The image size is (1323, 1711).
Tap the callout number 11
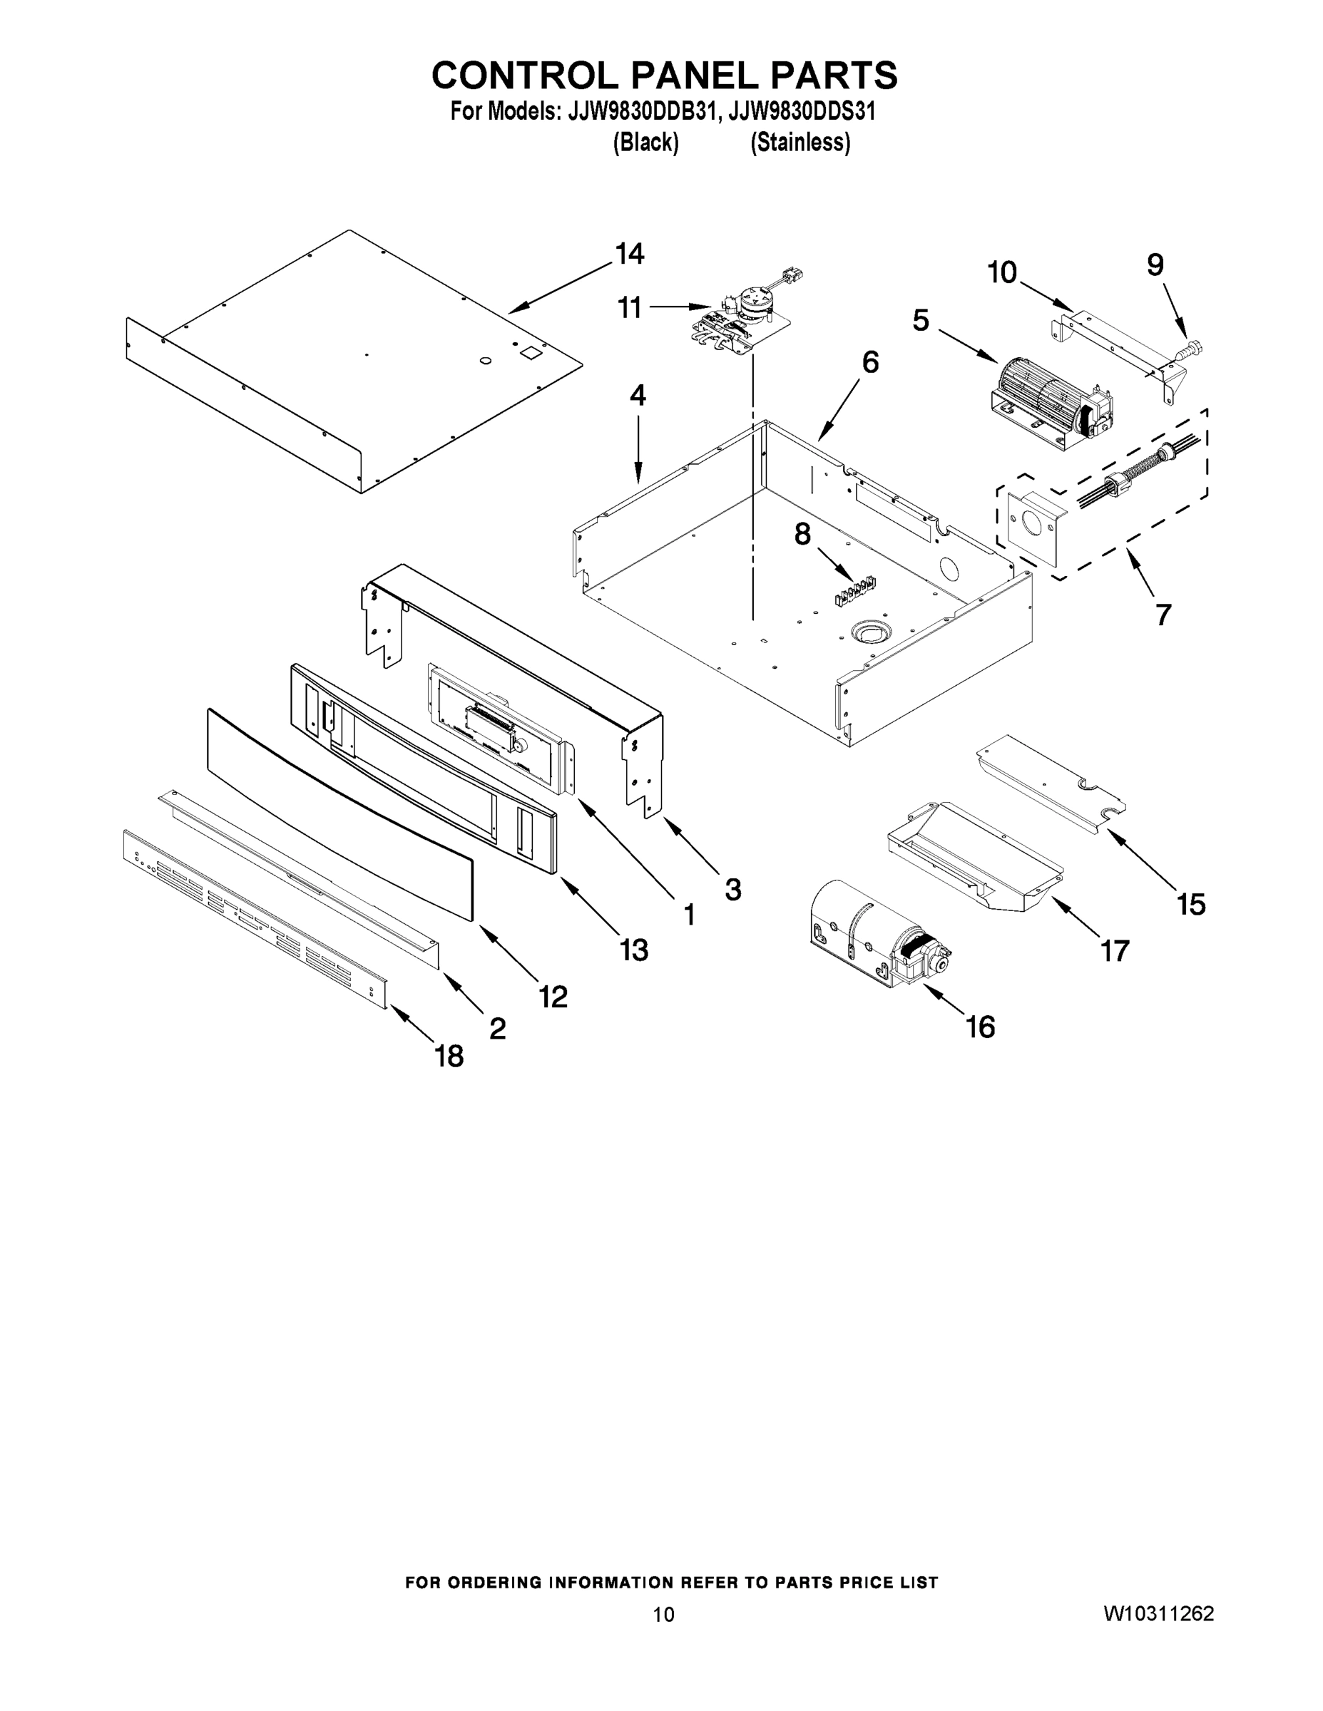[x=630, y=308]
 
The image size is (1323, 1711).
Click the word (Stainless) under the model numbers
[x=800, y=143]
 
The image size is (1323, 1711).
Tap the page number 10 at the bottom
[x=663, y=1615]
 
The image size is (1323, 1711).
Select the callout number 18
[x=449, y=1057]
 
